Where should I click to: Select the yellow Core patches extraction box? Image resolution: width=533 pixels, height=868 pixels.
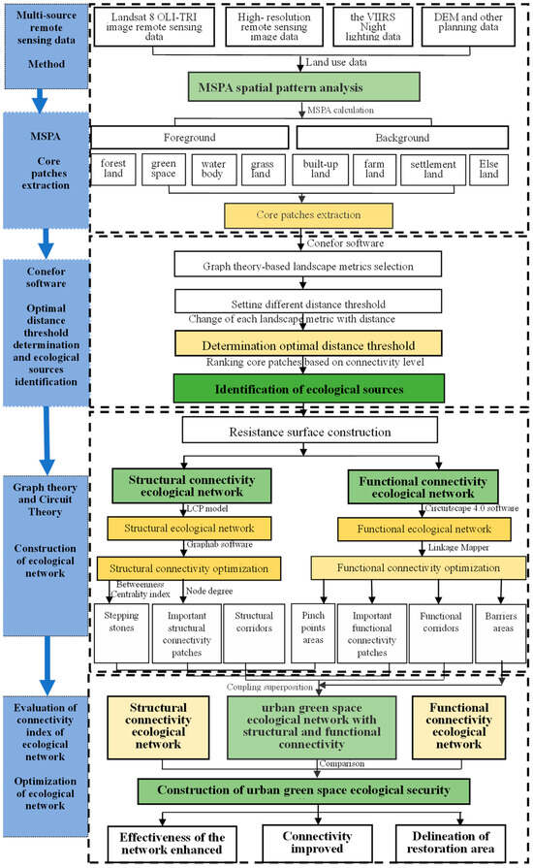(307, 214)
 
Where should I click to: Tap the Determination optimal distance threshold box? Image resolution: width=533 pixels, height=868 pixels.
(309, 344)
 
